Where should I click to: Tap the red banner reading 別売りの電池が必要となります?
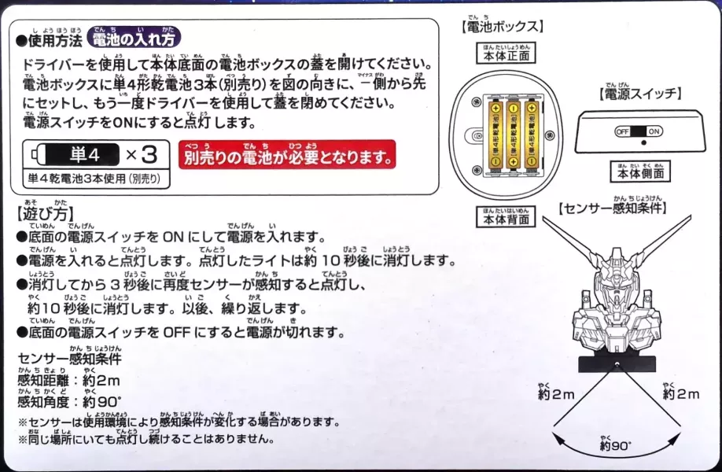(x=287, y=156)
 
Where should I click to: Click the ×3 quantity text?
(x=146, y=153)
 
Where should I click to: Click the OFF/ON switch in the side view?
(x=639, y=131)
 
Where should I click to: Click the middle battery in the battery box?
(x=514, y=135)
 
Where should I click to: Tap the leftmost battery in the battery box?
(x=495, y=135)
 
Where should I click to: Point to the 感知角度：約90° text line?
(x=71, y=402)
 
